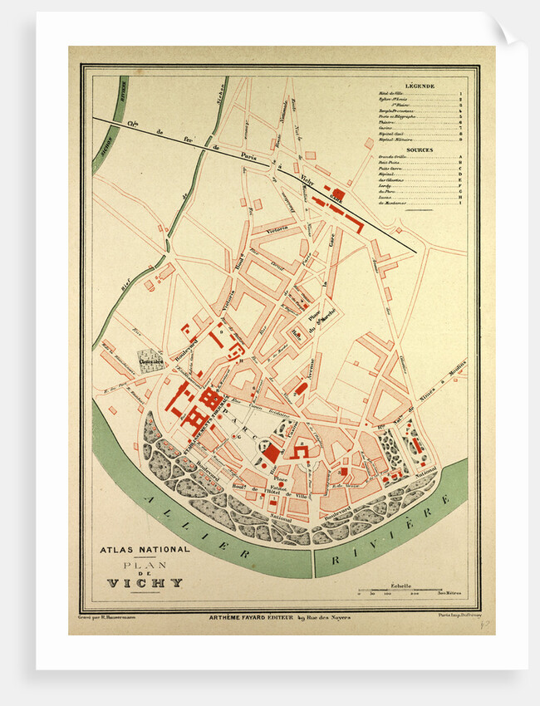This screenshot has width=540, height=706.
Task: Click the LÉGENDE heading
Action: (x=420, y=86)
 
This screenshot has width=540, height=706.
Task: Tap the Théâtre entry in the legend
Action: (x=387, y=123)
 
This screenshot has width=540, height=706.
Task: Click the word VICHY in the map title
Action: (x=145, y=583)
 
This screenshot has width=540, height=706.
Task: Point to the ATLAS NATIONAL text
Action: (x=145, y=549)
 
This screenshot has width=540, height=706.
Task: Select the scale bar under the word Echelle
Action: (x=410, y=591)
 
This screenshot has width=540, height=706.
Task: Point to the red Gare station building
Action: (x=338, y=194)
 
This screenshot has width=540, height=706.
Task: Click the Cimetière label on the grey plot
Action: (x=151, y=361)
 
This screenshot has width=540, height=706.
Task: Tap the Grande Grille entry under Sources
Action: (x=392, y=157)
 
